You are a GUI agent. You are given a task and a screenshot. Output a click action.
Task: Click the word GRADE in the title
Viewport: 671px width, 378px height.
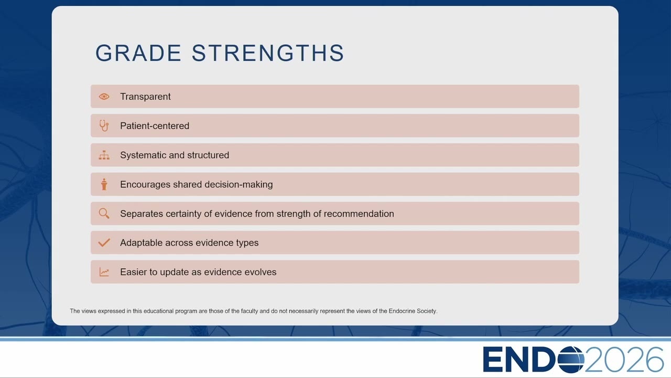click(x=138, y=53)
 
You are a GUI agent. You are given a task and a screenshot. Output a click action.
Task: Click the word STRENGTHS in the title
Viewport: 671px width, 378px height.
click(x=268, y=53)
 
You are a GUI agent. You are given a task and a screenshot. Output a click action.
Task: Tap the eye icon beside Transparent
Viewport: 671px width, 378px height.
click(x=104, y=97)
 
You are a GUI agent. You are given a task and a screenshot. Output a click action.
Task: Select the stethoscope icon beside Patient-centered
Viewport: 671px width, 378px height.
click(x=104, y=125)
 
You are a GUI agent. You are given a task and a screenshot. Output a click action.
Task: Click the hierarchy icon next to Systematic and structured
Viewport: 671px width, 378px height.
click(x=104, y=155)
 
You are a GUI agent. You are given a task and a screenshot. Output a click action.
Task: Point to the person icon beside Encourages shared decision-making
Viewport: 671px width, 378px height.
click(x=104, y=184)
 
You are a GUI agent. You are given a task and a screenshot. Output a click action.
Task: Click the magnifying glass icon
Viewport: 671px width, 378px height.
click(x=104, y=214)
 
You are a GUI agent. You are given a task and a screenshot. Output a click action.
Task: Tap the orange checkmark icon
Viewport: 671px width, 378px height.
click(x=104, y=243)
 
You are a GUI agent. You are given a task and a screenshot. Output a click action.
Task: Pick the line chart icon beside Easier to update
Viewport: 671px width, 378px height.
click(x=104, y=272)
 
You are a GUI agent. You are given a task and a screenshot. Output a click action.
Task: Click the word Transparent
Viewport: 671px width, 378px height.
click(x=145, y=97)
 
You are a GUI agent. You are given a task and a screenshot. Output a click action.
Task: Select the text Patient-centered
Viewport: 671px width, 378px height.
click(x=155, y=125)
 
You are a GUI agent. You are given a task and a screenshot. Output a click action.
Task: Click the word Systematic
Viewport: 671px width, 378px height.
click(x=143, y=155)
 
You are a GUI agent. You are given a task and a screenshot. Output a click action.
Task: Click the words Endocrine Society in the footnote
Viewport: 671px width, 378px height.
click(x=413, y=311)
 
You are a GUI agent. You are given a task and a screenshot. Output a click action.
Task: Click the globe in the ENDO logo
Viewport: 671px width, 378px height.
click(x=571, y=359)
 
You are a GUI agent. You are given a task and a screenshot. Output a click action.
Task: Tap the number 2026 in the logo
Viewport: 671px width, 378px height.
click(x=624, y=359)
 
